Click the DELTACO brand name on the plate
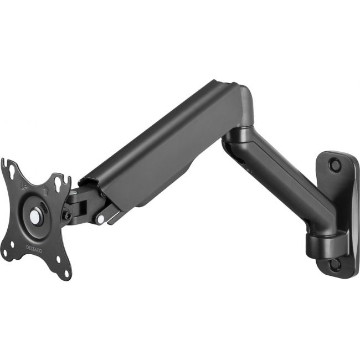[34, 249]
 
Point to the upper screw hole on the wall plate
[334, 164]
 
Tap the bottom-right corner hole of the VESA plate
[65, 273]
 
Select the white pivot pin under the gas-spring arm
[100, 218]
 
